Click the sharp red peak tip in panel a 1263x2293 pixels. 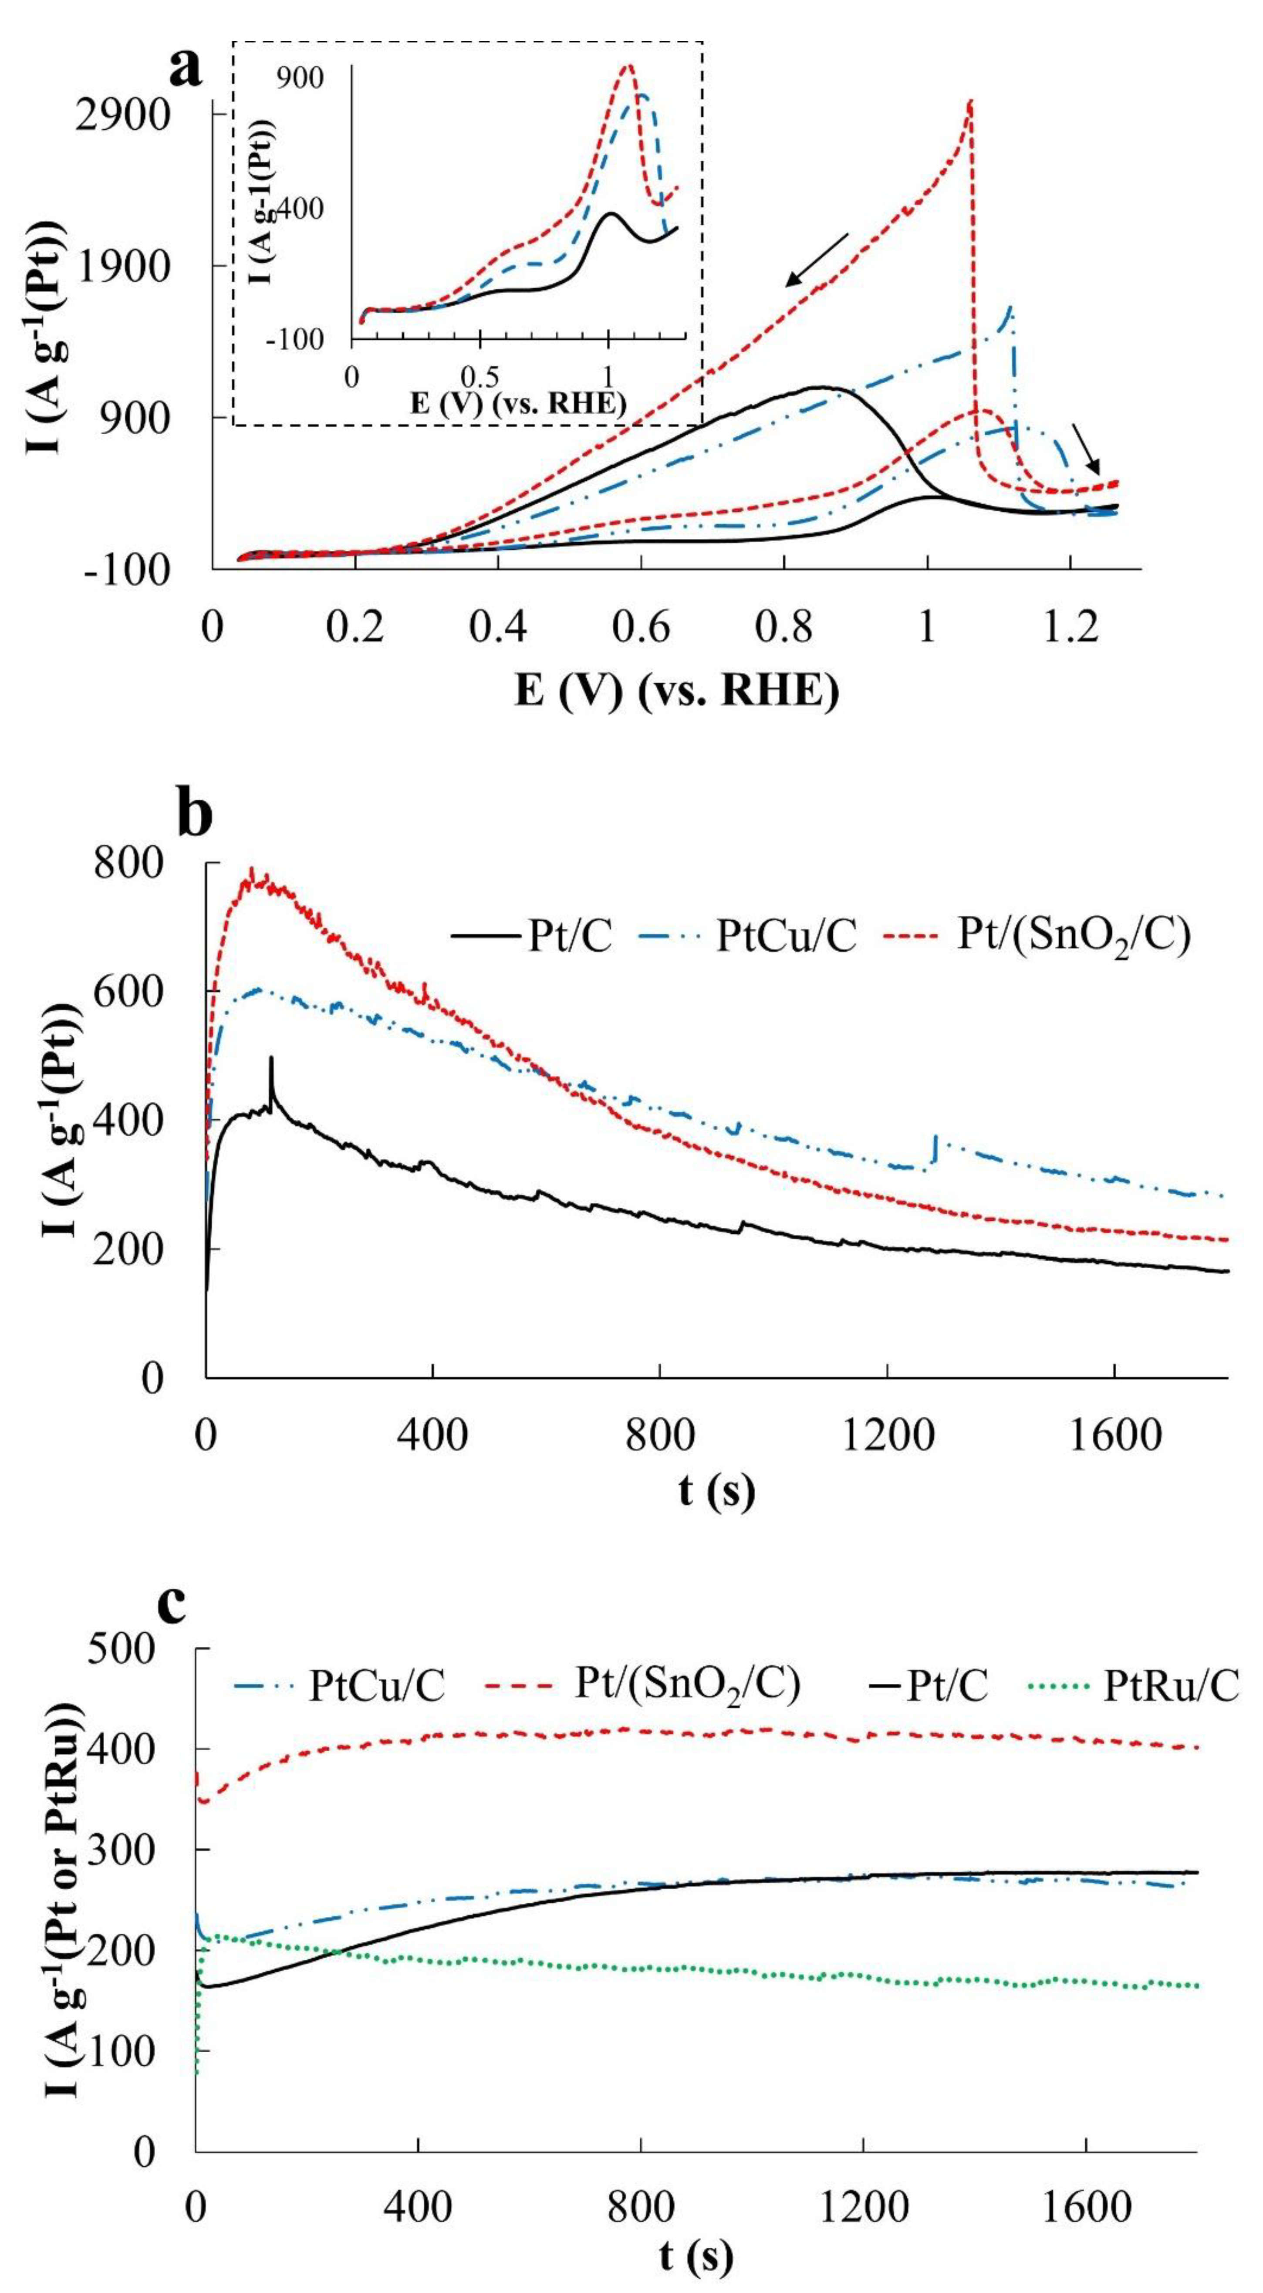point(970,101)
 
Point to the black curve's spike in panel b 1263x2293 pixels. point(270,1058)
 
